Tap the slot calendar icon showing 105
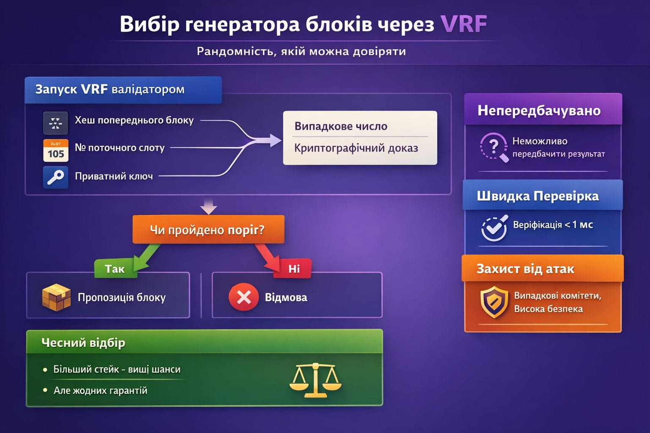pyautogui.click(x=56, y=151)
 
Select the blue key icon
pyautogui.click(x=56, y=177)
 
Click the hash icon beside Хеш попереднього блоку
pyautogui.click(x=56, y=123)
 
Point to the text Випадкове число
pyautogui.click(x=341, y=126)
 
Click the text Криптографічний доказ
pyautogui.click(x=356, y=148)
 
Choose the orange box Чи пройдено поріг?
pyautogui.click(x=208, y=229)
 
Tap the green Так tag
pyautogui.click(x=115, y=269)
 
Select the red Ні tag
pyautogui.click(x=293, y=269)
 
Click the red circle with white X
pyautogui.click(x=244, y=297)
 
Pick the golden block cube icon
pyautogui.click(x=56, y=298)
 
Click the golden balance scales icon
pyautogui.click(x=315, y=380)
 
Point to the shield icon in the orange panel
pyautogui.click(x=494, y=302)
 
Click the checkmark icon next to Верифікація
pyautogui.click(x=494, y=228)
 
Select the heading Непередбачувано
pyautogui.click(x=539, y=110)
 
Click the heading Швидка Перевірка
pyautogui.click(x=538, y=196)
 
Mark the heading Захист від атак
pyautogui.click(x=525, y=269)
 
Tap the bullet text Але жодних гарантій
pyautogui.click(x=100, y=390)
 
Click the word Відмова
pyautogui.click(x=286, y=297)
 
